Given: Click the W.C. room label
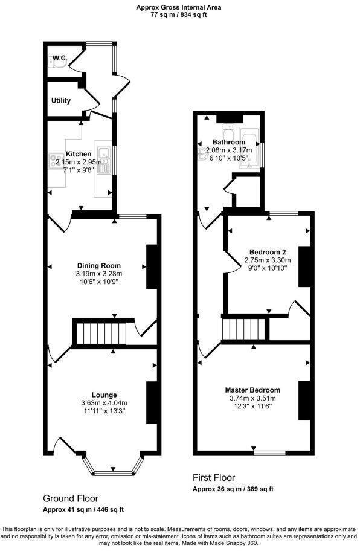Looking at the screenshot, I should click(x=59, y=58).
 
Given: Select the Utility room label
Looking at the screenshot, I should click(x=61, y=100).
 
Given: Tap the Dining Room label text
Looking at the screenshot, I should click(x=99, y=265).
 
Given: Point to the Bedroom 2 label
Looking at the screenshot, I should click(x=268, y=251).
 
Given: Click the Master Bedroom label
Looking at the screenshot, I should click(x=252, y=390).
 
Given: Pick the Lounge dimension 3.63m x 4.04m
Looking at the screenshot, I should click(x=104, y=403).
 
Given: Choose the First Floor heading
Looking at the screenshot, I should click(x=214, y=477).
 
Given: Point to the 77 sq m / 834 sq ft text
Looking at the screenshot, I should click(x=179, y=15).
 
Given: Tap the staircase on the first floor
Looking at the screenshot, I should click(x=245, y=329).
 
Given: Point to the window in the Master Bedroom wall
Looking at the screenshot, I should click(x=269, y=452).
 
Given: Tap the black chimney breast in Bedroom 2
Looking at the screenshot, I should click(x=304, y=266).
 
